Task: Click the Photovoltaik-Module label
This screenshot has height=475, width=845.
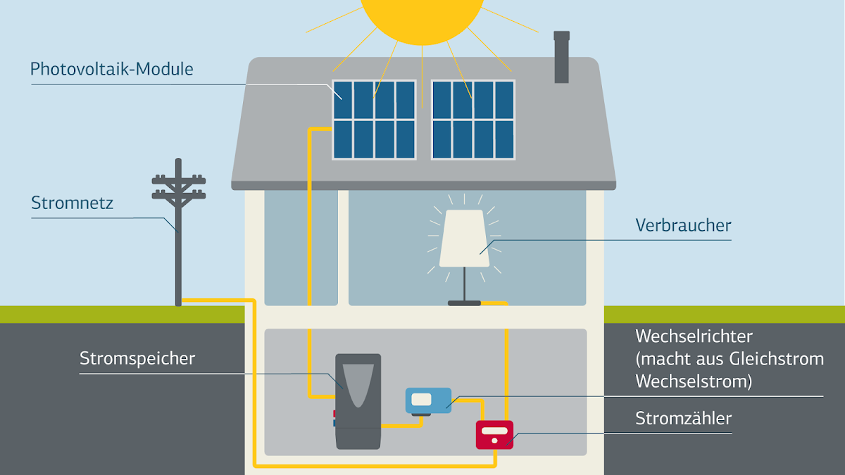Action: pos(111,70)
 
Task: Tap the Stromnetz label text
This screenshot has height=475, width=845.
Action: pos(72,203)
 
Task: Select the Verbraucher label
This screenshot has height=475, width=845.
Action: pos(683,226)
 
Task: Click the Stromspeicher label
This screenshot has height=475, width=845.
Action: pos(137,358)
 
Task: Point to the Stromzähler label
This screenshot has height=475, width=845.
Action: pos(683,419)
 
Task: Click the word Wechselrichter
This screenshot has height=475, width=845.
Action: pos(694,336)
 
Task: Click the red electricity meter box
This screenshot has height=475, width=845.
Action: pos(494,434)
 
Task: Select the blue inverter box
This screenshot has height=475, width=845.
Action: pos(428,400)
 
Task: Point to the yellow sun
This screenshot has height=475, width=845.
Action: pos(422,14)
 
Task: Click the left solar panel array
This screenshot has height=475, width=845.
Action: pos(374,119)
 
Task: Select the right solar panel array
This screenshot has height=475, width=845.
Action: pos(472,119)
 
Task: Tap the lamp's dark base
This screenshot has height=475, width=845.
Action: pos(464,303)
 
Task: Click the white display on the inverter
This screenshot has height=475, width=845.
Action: pos(421,399)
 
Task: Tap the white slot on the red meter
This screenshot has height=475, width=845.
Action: pos(494,431)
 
